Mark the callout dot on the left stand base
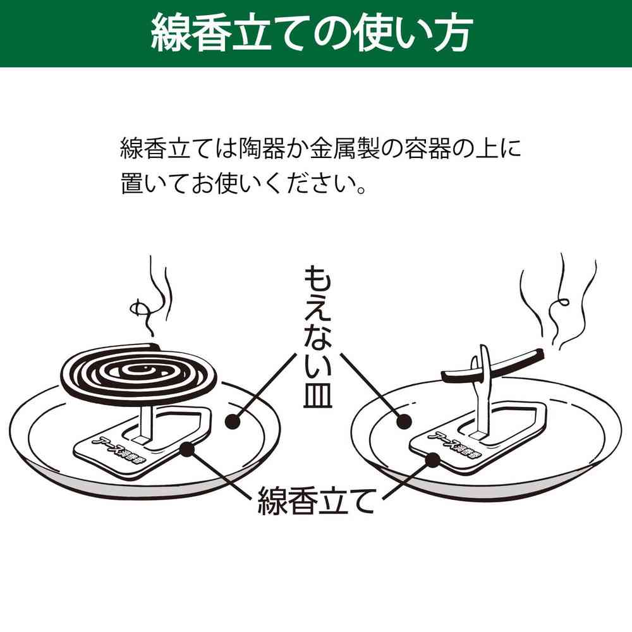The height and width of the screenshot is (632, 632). (186, 449)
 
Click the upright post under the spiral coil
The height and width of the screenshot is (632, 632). (144, 420)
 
